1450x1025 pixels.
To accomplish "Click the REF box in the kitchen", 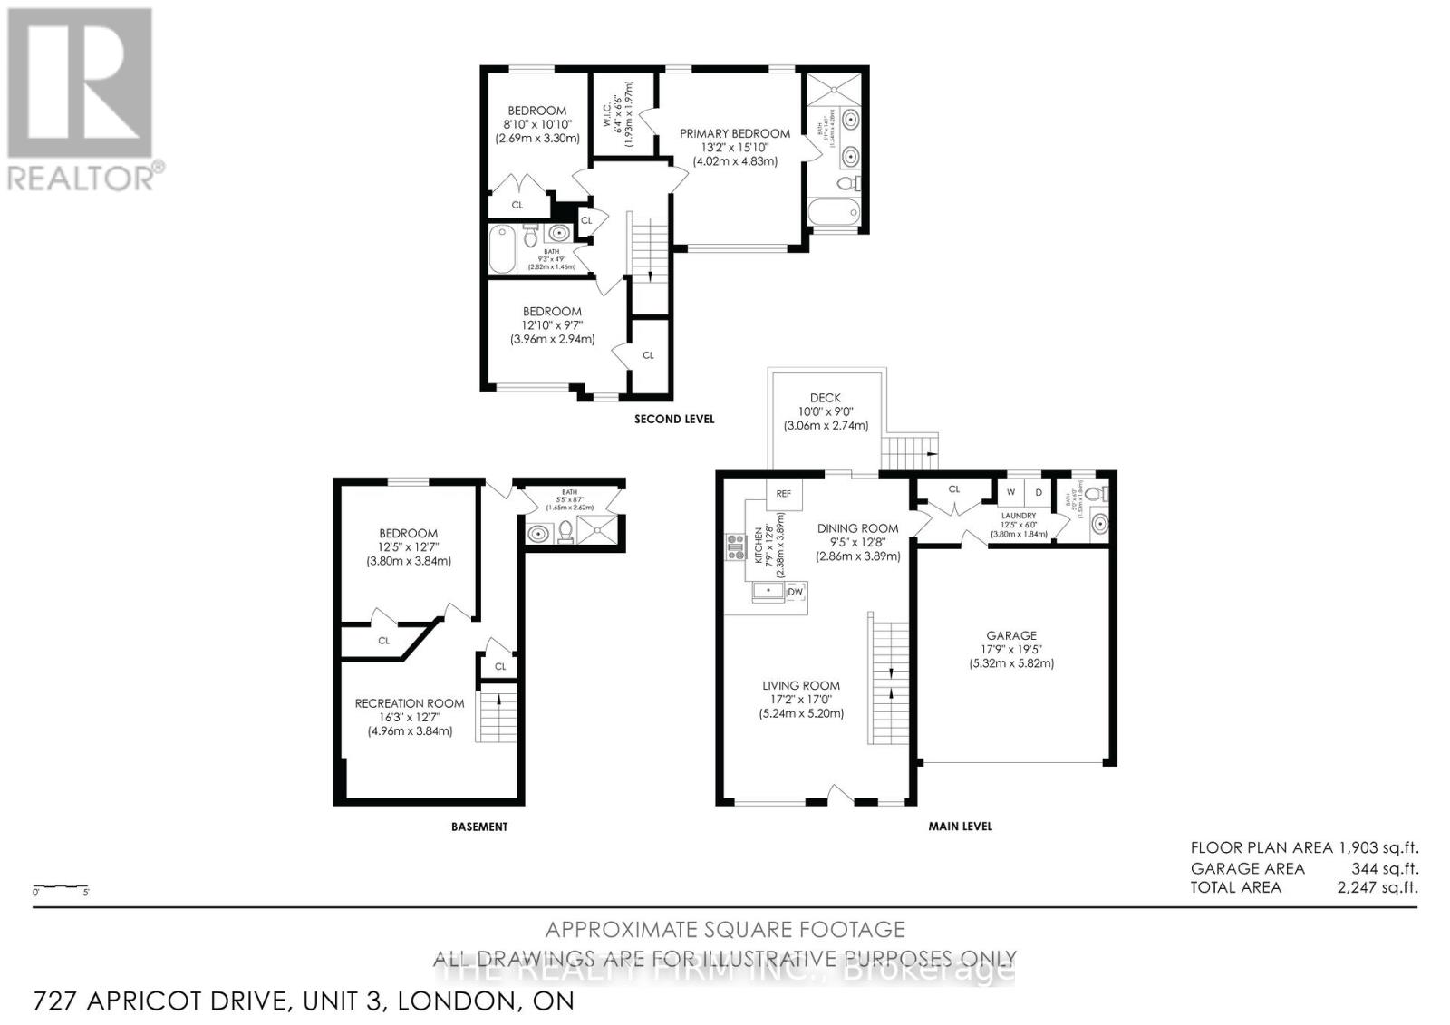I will [x=784, y=493].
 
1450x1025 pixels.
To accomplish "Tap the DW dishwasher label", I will [x=796, y=592].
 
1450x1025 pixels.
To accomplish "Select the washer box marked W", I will [x=1010, y=492].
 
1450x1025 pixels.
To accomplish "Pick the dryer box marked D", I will [x=1039, y=492].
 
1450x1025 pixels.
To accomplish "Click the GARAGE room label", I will [x=1011, y=635].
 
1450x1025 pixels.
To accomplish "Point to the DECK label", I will [x=825, y=397].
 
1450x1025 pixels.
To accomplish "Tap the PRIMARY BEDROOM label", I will [x=735, y=133].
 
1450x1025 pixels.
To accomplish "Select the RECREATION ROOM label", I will [x=410, y=703].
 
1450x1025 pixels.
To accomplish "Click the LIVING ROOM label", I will [x=801, y=685].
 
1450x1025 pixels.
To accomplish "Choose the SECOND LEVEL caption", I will [x=674, y=419].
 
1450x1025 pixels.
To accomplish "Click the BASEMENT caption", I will [x=479, y=827].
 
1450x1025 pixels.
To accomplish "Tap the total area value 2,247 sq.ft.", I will [x=1377, y=887].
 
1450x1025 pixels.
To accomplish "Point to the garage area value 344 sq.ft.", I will [x=1385, y=868].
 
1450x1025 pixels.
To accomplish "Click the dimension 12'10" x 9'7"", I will [x=552, y=325].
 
